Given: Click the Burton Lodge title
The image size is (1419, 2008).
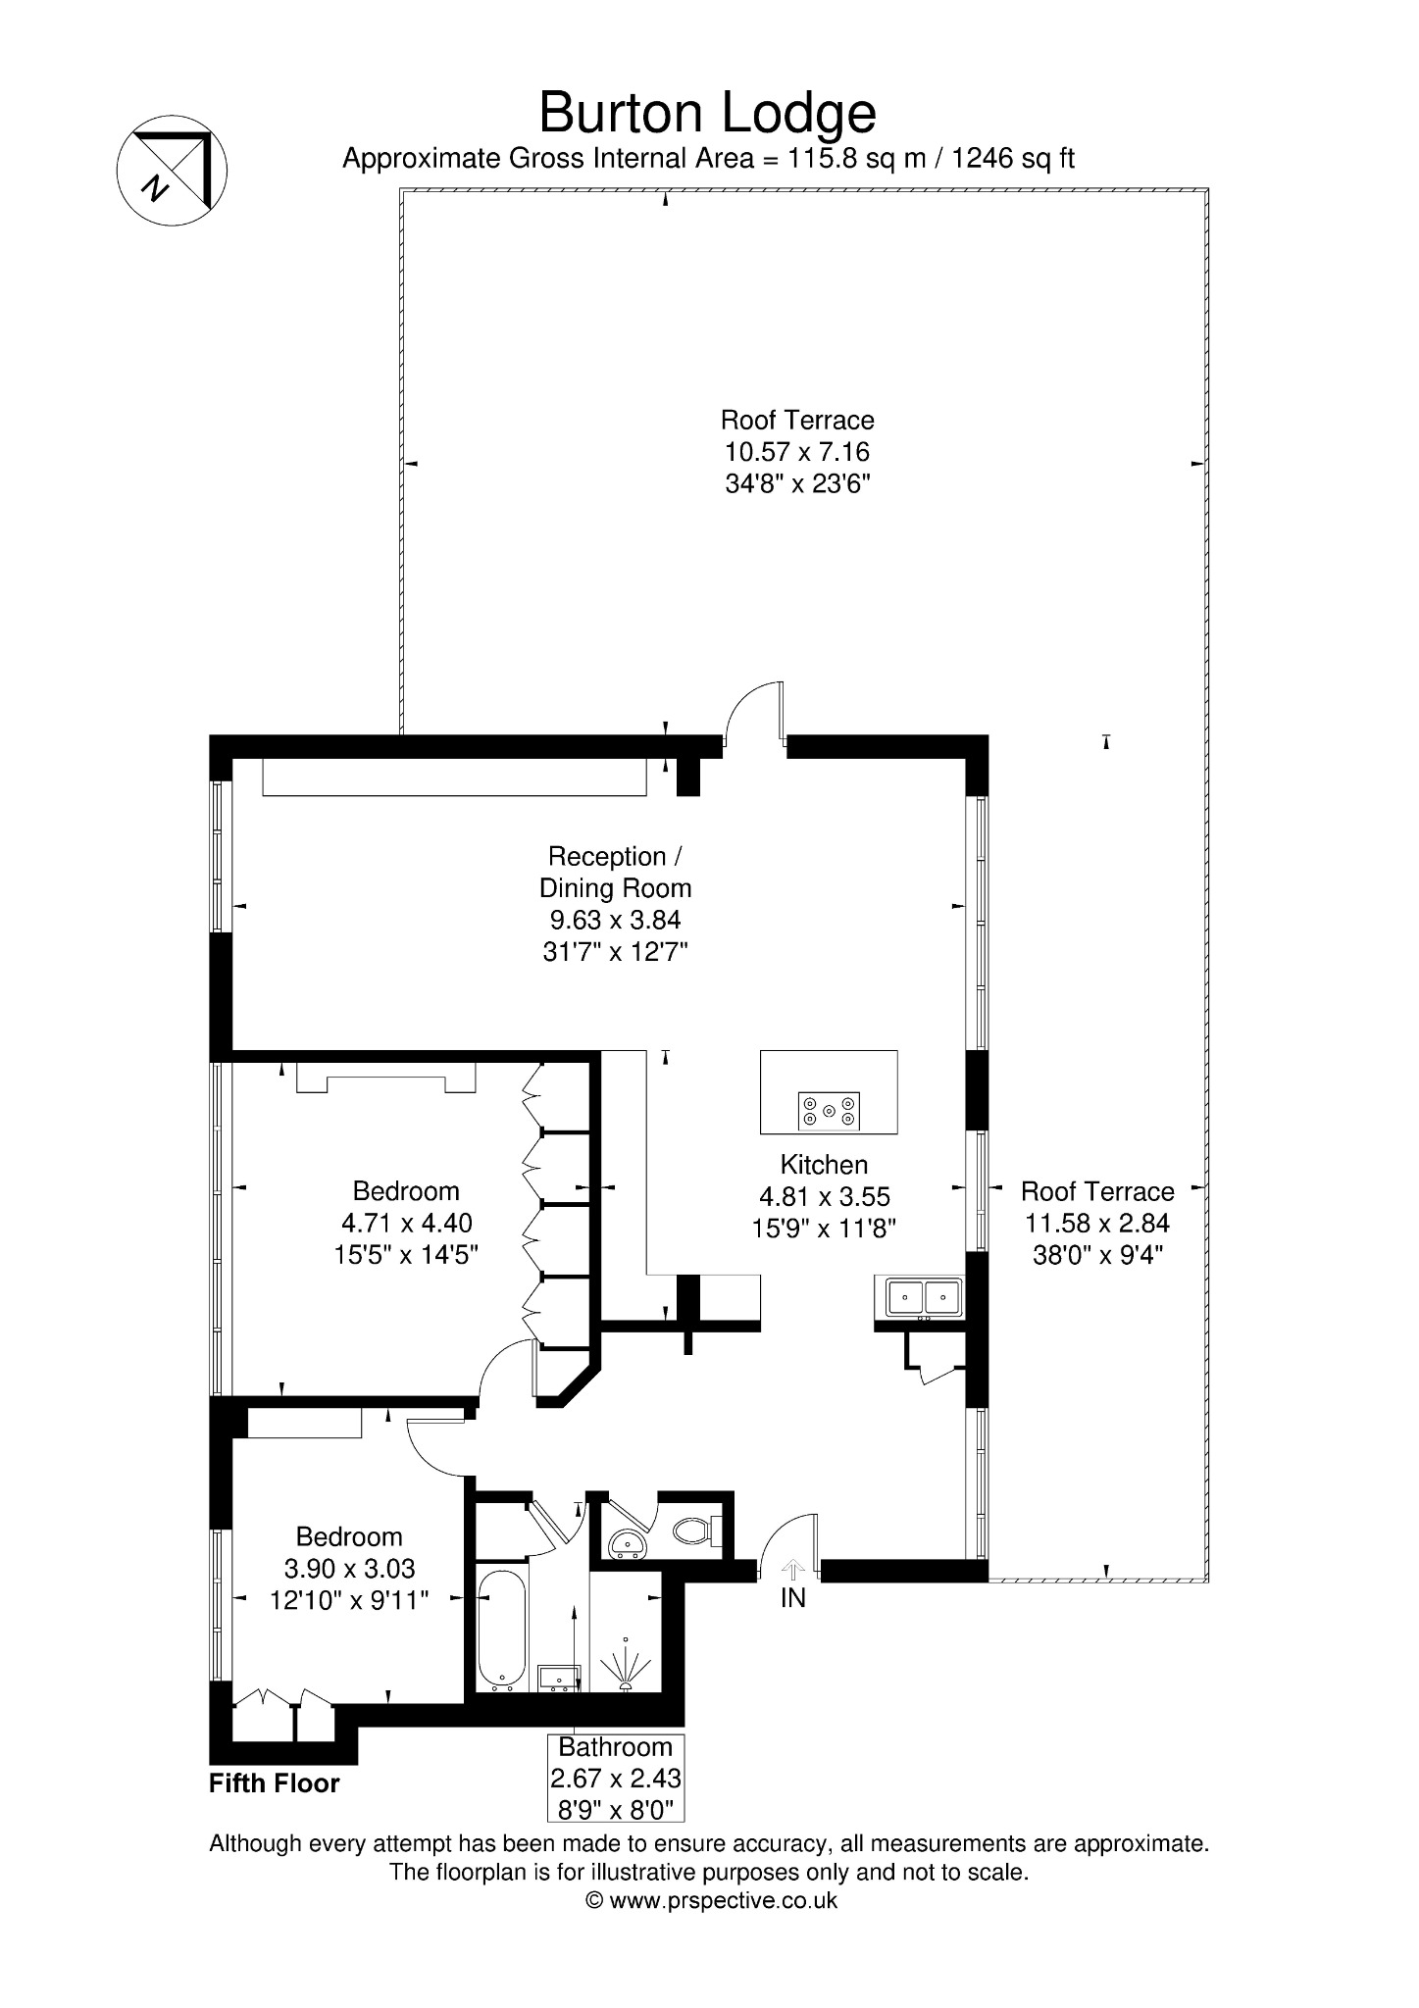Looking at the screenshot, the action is (707, 115).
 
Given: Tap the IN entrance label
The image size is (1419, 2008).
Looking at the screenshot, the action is (792, 1598).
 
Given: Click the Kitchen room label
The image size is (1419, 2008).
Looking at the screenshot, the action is (824, 1165).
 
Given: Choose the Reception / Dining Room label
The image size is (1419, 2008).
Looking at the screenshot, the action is (615, 872).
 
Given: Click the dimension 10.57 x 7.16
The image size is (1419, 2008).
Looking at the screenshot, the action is (797, 452).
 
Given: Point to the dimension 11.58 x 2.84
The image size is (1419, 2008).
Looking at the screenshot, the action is (1097, 1223).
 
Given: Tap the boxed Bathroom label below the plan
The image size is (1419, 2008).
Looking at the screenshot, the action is (616, 1778).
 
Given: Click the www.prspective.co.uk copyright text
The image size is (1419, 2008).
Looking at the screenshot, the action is (711, 1900).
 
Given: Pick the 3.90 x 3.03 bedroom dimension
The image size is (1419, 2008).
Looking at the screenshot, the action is (350, 1569).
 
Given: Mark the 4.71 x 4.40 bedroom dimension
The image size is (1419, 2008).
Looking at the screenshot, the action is (406, 1223).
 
